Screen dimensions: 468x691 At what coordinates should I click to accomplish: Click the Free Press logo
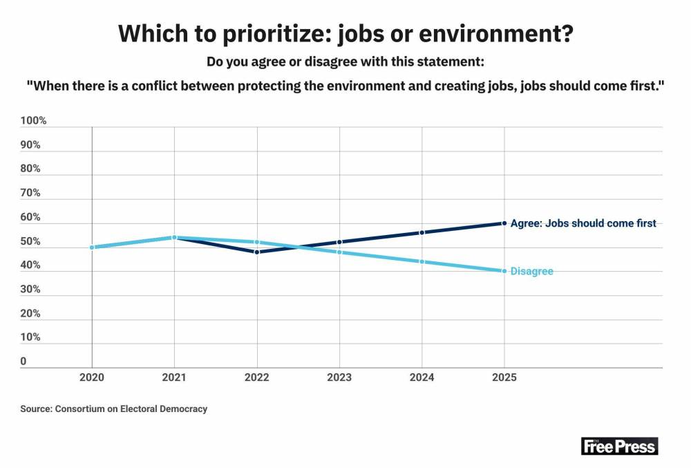pos(619,446)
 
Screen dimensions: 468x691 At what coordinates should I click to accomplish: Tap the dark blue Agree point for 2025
pos(504,223)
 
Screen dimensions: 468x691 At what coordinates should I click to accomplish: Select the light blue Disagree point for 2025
pos(504,271)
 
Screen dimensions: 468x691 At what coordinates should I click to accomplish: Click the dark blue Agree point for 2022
pos(257,252)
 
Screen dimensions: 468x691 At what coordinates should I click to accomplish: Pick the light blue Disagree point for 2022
pos(257,242)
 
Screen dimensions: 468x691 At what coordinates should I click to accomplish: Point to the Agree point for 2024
pos(422,232)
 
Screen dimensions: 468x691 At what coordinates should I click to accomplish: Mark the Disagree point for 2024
pos(422,261)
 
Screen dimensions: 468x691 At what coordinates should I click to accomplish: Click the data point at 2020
pos(92,247)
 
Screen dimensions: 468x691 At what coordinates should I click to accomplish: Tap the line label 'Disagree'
pos(531,272)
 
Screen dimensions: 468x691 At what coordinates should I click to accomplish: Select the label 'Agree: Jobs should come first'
pos(583,223)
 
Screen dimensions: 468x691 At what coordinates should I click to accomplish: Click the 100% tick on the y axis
pos(33,121)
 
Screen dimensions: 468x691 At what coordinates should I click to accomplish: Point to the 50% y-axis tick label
pos(30,242)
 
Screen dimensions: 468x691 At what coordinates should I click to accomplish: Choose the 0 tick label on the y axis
pos(23,362)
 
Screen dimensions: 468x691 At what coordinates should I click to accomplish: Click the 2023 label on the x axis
pos(339,377)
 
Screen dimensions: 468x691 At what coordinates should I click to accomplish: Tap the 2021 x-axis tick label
pos(174,377)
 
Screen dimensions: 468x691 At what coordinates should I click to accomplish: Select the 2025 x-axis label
pos(504,377)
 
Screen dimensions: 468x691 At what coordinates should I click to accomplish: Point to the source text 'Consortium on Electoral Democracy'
pos(129,409)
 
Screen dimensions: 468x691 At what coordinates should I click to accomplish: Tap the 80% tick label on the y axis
pos(30,169)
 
